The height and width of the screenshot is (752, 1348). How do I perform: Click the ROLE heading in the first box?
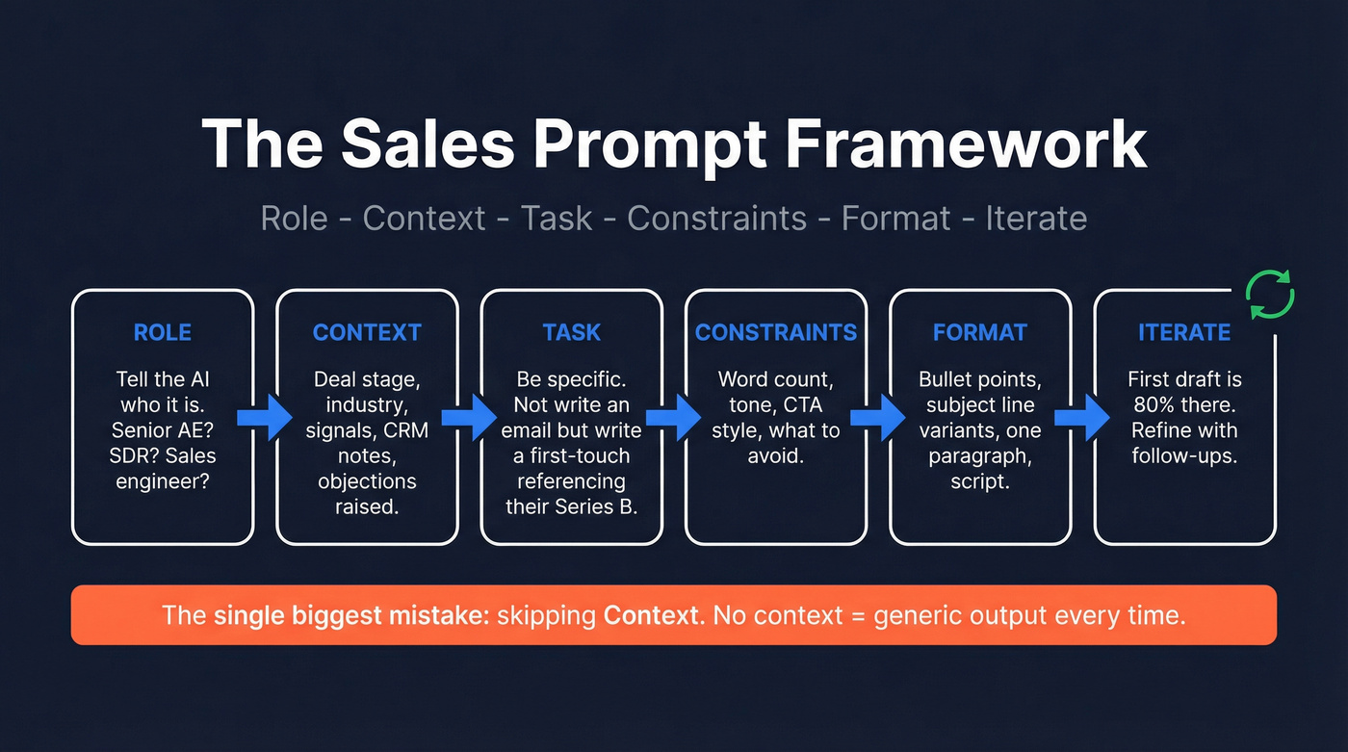pyautogui.click(x=163, y=333)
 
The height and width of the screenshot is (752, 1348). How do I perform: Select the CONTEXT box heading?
pyautogui.click(x=367, y=333)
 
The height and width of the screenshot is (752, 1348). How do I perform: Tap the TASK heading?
pyautogui.click(x=572, y=333)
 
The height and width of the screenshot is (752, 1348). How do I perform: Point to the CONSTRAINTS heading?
pyautogui.click(x=776, y=333)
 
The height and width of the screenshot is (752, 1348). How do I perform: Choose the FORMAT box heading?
pyautogui.click(x=980, y=333)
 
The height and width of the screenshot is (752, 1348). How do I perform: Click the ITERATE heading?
pyautogui.click(x=1184, y=333)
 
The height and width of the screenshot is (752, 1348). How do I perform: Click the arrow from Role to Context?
pyautogui.click(x=265, y=417)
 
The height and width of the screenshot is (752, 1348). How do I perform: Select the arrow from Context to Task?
pyautogui.click(x=469, y=417)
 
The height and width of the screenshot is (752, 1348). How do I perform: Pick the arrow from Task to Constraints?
pyautogui.click(x=674, y=417)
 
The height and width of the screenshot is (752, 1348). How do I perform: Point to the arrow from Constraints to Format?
pyautogui.click(x=878, y=417)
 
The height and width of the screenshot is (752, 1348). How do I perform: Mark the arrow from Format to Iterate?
pyautogui.click(x=1082, y=417)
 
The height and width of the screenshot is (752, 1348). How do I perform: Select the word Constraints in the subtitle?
pyautogui.click(x=716, y=219)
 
